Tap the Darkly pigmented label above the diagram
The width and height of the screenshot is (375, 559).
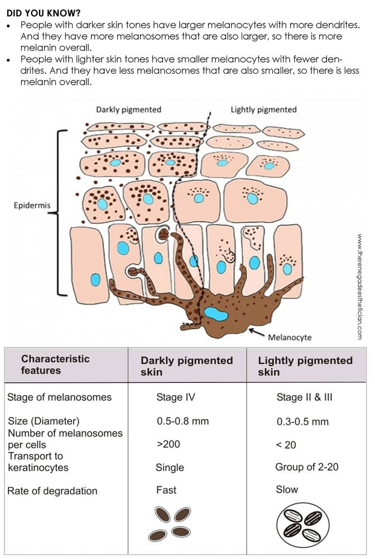tap(128, 109)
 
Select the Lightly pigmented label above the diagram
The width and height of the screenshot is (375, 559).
tap(263, 109)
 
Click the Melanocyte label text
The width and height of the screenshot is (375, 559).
tap(290, 338)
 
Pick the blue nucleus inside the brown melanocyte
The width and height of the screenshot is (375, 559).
tap(214, 314)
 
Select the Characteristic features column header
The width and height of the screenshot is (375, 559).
tap(55, 364)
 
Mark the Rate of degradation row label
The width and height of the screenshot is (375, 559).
tap(52, 491)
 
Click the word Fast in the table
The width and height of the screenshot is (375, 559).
tap(166, 490)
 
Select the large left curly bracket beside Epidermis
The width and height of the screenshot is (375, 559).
tap(62, 212)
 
